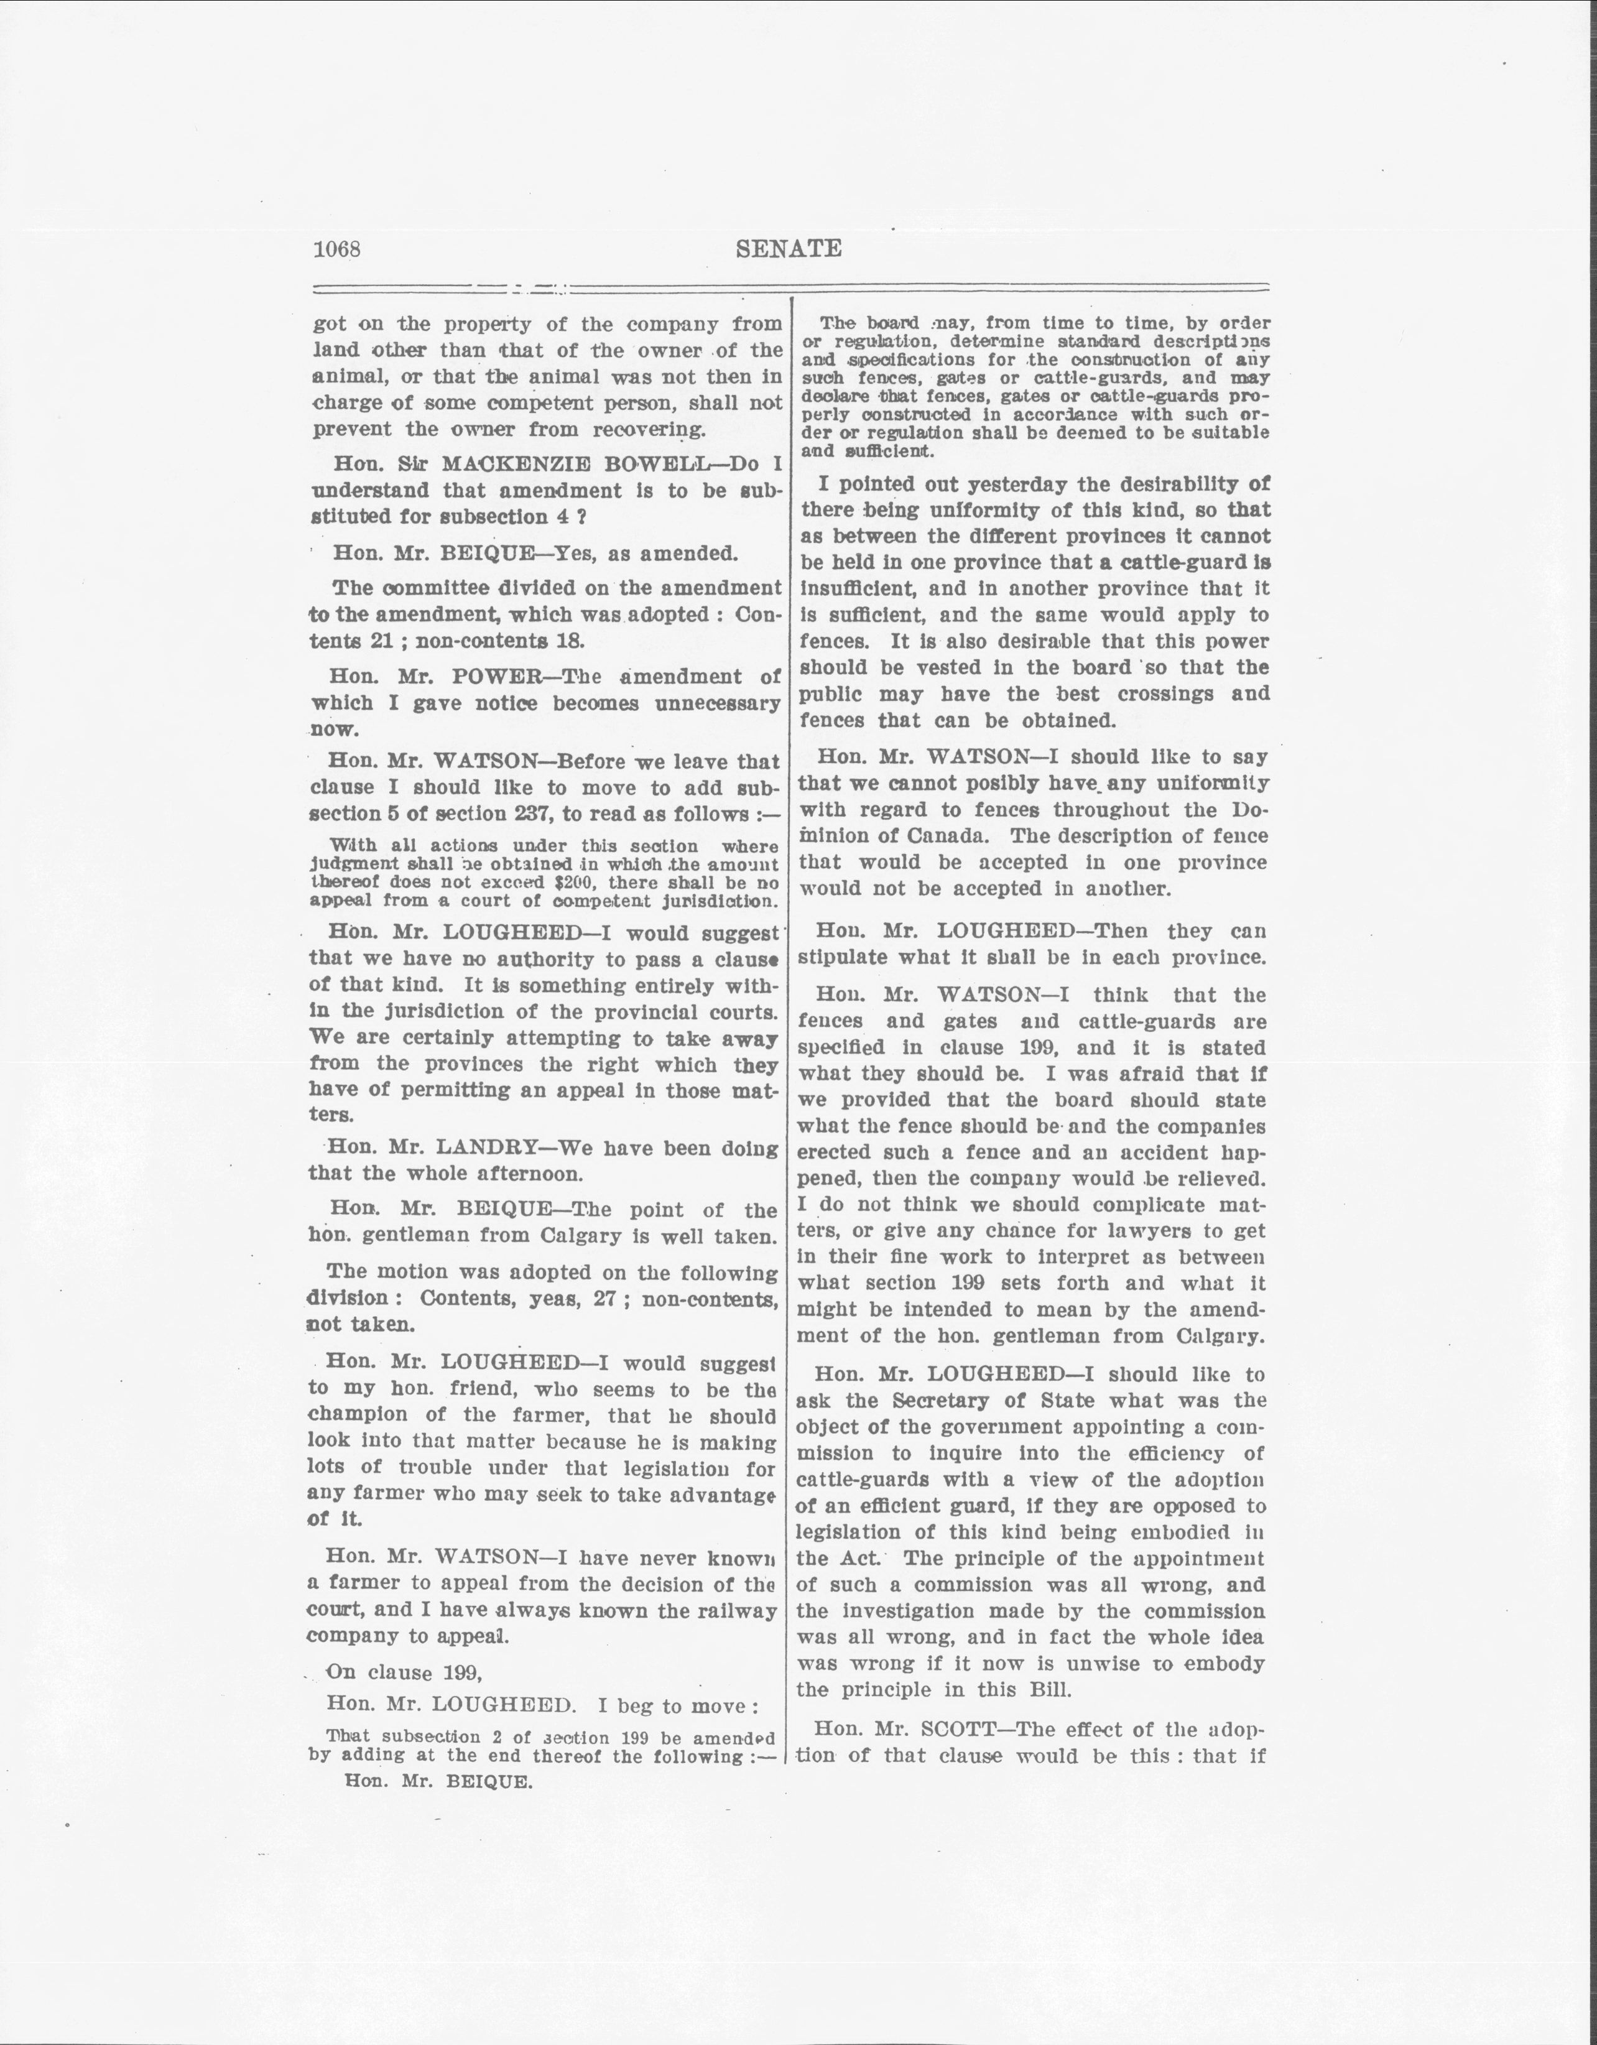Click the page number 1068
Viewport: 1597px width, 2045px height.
(337, 249)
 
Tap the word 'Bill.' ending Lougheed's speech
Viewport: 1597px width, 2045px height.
(1045, 1690)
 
